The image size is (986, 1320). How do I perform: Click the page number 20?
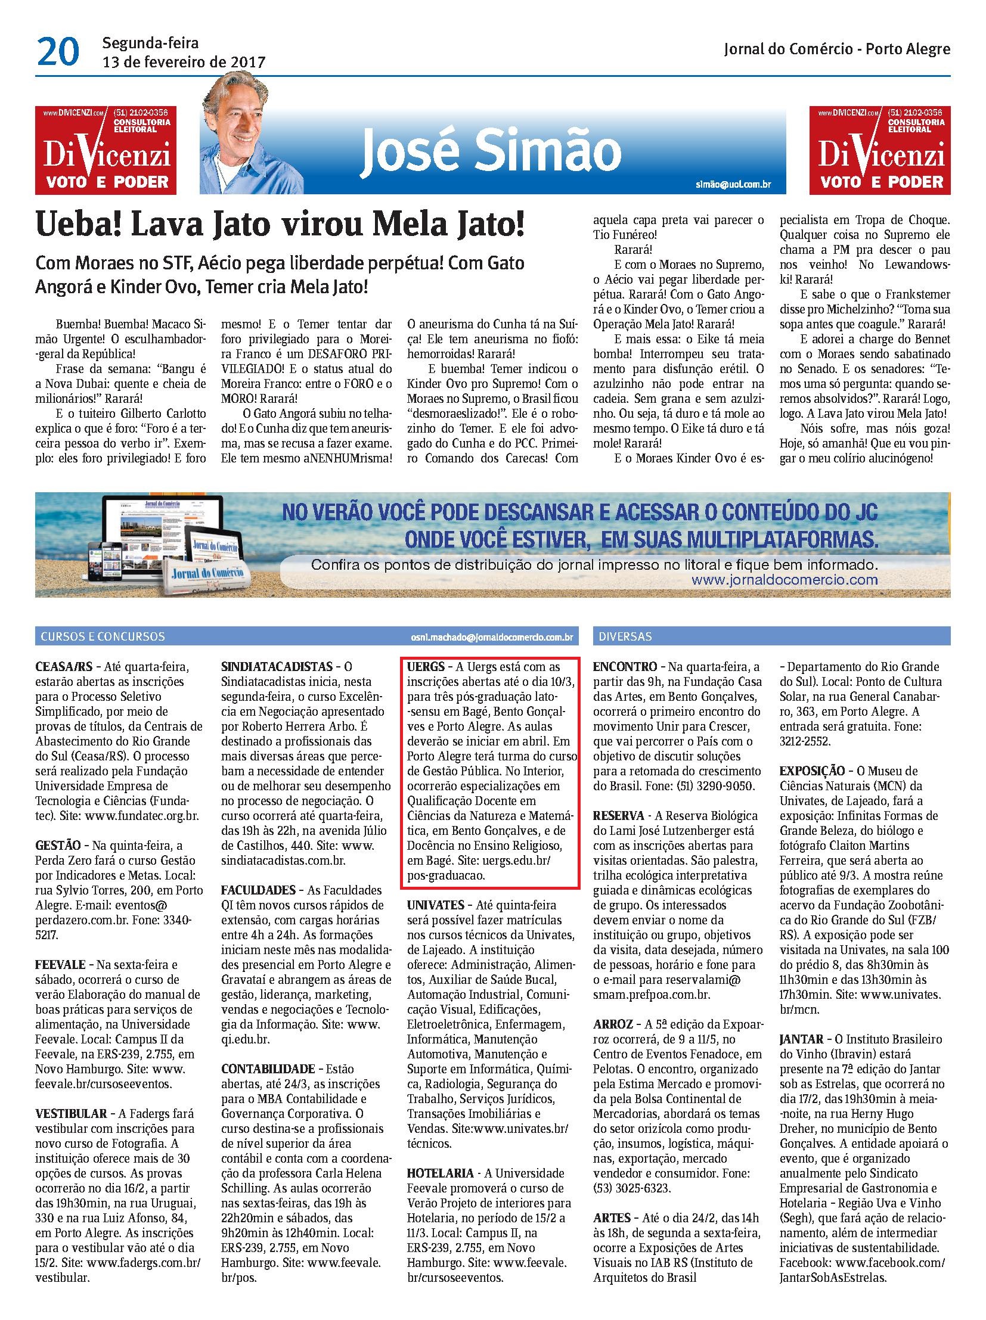(58, 52)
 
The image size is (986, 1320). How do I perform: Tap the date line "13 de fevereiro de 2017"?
(183, 62)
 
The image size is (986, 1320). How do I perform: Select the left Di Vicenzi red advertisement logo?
(106, 150)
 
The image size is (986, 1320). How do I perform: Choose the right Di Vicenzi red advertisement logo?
(879, 150)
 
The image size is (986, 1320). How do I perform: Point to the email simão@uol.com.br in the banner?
(733, 184)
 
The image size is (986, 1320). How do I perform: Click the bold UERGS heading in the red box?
(426, 667)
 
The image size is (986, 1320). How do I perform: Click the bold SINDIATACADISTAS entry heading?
(277, 667)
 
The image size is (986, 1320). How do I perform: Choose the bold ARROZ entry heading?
(613, 1024)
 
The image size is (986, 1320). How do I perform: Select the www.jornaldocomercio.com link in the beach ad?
(785, 579)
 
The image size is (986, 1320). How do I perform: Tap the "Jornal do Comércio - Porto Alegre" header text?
(836, 49)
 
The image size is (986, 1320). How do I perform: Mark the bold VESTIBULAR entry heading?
(71, 1114)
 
